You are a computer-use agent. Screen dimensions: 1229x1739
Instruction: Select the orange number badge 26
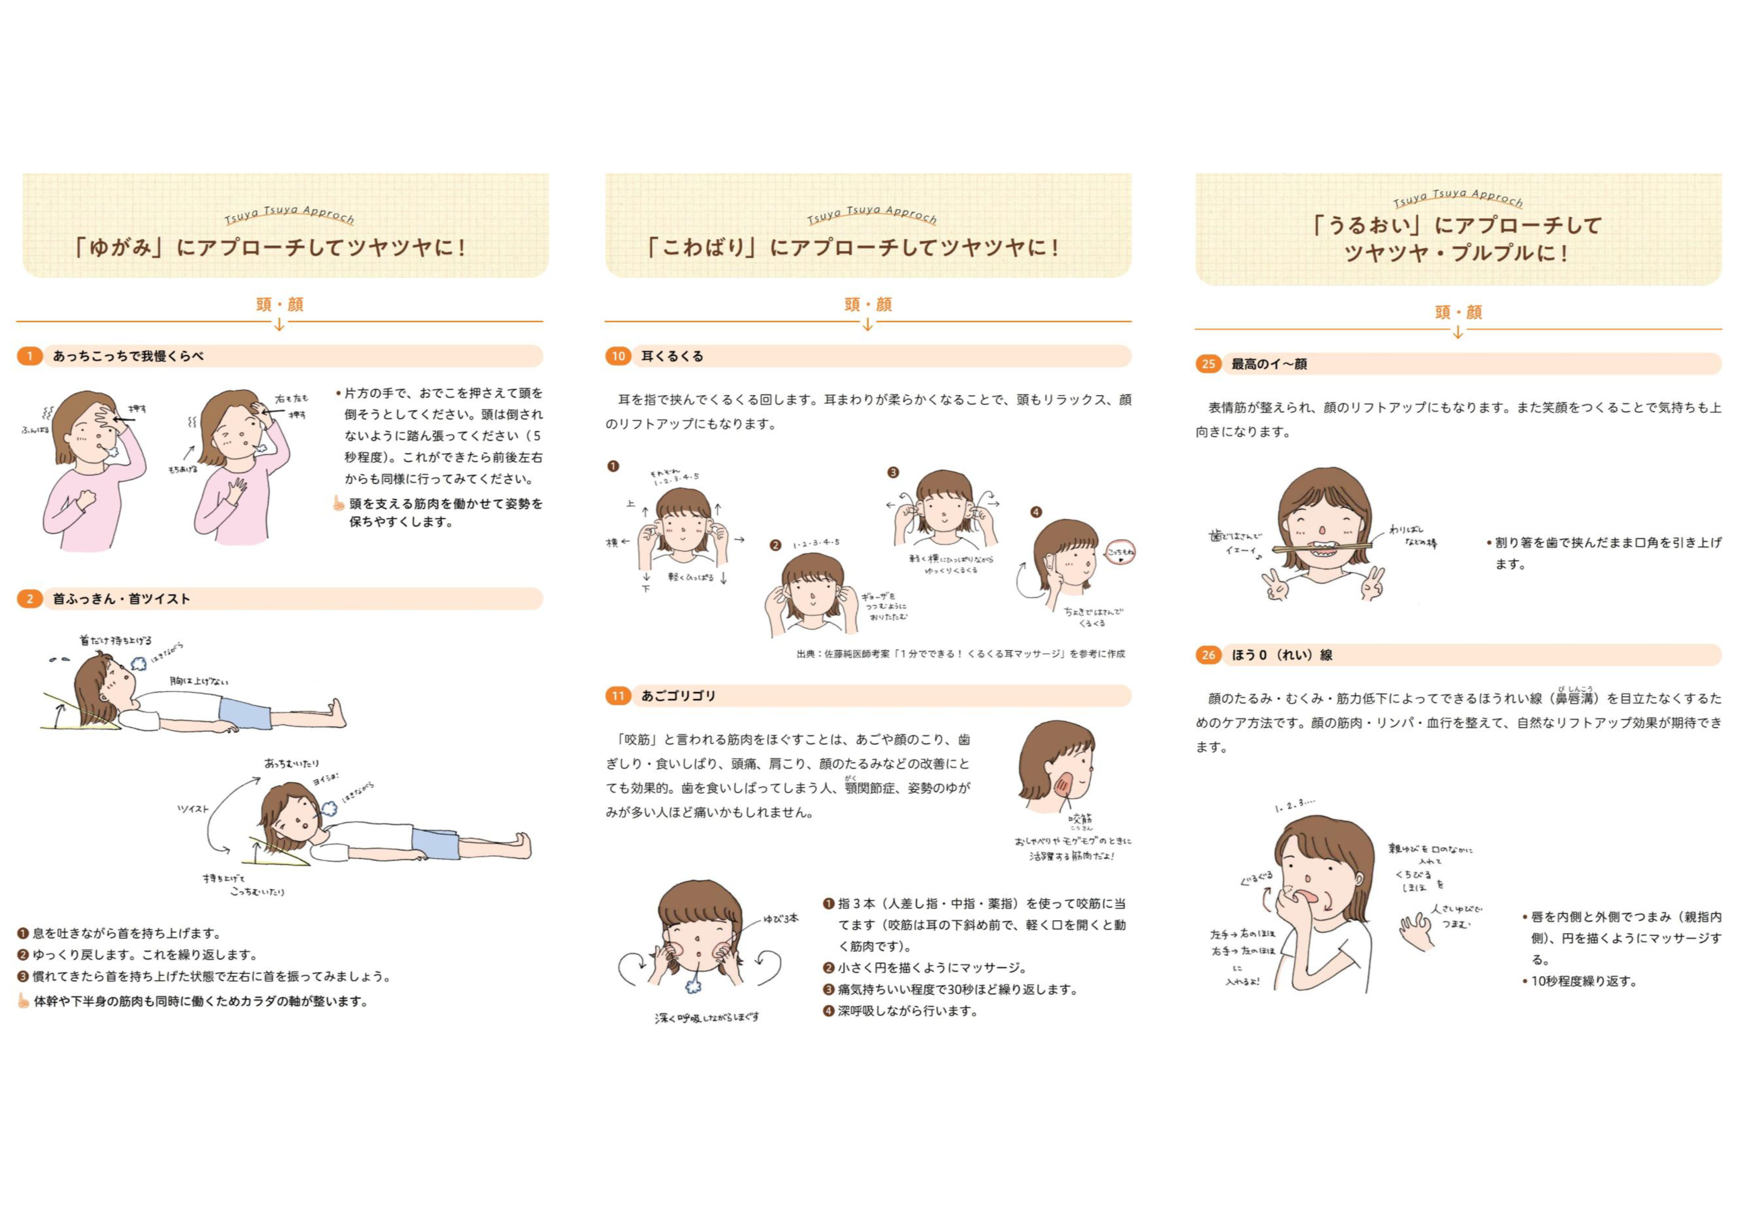(x=1208, y=655)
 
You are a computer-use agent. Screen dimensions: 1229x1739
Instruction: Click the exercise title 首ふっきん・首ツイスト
(x=121, y=599)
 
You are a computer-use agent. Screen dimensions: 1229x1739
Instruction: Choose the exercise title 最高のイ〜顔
(x=1269, y=364)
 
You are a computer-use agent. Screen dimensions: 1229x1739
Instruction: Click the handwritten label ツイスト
(x=192, y=809)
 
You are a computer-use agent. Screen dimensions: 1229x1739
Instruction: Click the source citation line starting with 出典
(x=960, y=653)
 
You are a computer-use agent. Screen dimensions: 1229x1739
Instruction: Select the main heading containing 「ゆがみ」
(x=270, y=247)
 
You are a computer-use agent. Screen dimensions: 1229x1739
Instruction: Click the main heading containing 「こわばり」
(x=853, y=247)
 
